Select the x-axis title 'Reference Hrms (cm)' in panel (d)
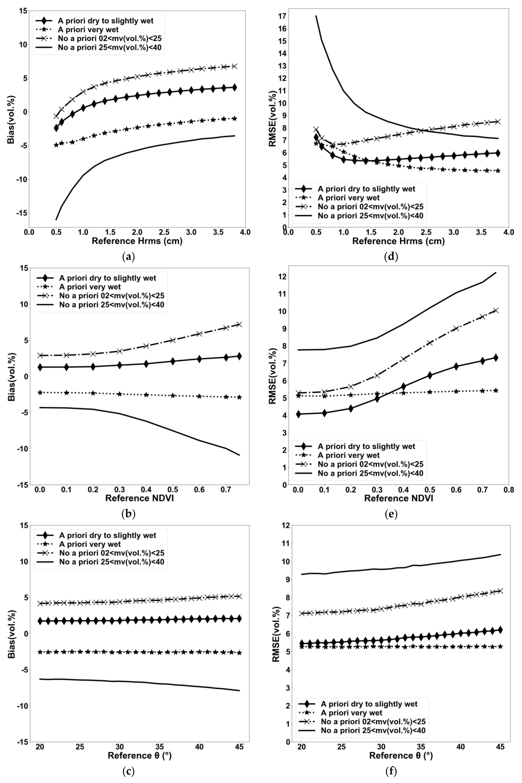[399, 241]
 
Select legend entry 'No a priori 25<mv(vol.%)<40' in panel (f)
[373, 731]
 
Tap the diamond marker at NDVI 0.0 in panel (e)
[298, 414]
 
